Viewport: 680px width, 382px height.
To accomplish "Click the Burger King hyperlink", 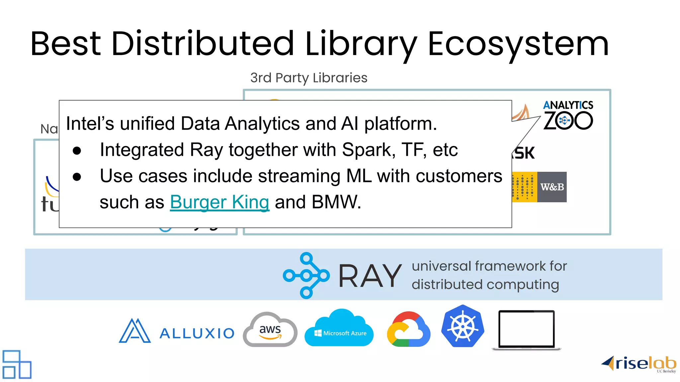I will [219, 202].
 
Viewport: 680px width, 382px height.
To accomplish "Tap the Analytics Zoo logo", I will [568, 115].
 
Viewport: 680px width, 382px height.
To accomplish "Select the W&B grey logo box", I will [552, 187].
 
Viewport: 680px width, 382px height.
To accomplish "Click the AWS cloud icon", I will [270, 330].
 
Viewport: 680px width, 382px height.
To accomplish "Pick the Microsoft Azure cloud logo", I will [339, 329].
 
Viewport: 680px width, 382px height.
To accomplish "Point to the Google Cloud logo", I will [408, 330].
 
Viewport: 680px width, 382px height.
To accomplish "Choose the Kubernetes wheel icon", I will [463, 326].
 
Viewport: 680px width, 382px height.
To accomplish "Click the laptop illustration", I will [527, 330].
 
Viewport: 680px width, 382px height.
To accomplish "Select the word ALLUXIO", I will [197, 333].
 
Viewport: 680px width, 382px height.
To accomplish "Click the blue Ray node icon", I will [306, 275].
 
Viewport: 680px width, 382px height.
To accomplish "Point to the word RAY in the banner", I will [370, 276].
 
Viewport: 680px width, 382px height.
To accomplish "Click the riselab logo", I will [639, 364].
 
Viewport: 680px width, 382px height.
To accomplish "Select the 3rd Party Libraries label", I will [309, 78].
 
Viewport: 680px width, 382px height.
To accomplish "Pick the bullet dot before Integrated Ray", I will [77, 151].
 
